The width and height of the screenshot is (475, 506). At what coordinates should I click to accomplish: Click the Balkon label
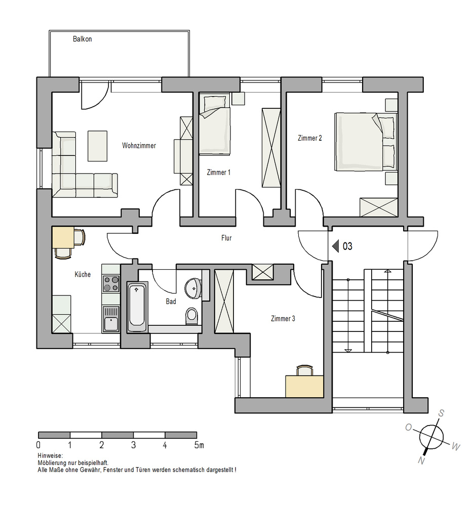coord(83,39)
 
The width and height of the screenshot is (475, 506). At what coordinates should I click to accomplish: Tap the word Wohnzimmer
coord(139,146)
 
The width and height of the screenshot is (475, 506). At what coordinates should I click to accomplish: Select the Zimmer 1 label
coord(219,173)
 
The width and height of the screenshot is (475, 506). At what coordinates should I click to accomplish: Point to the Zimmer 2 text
coord(310,138)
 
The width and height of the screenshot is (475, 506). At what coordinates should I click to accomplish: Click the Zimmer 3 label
coord(283,319)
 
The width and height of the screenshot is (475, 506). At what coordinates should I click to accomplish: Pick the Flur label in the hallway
coord(226,238)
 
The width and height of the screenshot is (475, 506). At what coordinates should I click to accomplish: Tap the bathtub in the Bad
coord(137,307)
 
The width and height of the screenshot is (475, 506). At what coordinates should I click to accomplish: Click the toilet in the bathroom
coord(191,316)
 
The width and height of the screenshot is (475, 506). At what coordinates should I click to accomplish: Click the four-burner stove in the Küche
coord(111,284)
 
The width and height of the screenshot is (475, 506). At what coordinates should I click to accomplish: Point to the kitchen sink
coord(111,319)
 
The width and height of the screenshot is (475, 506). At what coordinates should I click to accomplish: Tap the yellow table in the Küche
coord(63,237)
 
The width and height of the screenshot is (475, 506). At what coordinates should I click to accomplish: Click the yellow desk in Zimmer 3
coord(304,386)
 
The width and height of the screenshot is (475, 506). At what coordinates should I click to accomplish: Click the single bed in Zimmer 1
coord(214,123)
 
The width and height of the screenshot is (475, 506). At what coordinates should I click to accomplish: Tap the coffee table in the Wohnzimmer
coord(98,146)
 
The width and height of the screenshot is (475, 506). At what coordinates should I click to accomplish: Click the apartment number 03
coord(347,246)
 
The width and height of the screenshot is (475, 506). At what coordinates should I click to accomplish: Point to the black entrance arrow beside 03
coord(336,246)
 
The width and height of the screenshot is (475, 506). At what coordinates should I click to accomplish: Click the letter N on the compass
coord(421,460)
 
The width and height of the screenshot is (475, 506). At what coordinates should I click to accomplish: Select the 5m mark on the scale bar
coord(199,445)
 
